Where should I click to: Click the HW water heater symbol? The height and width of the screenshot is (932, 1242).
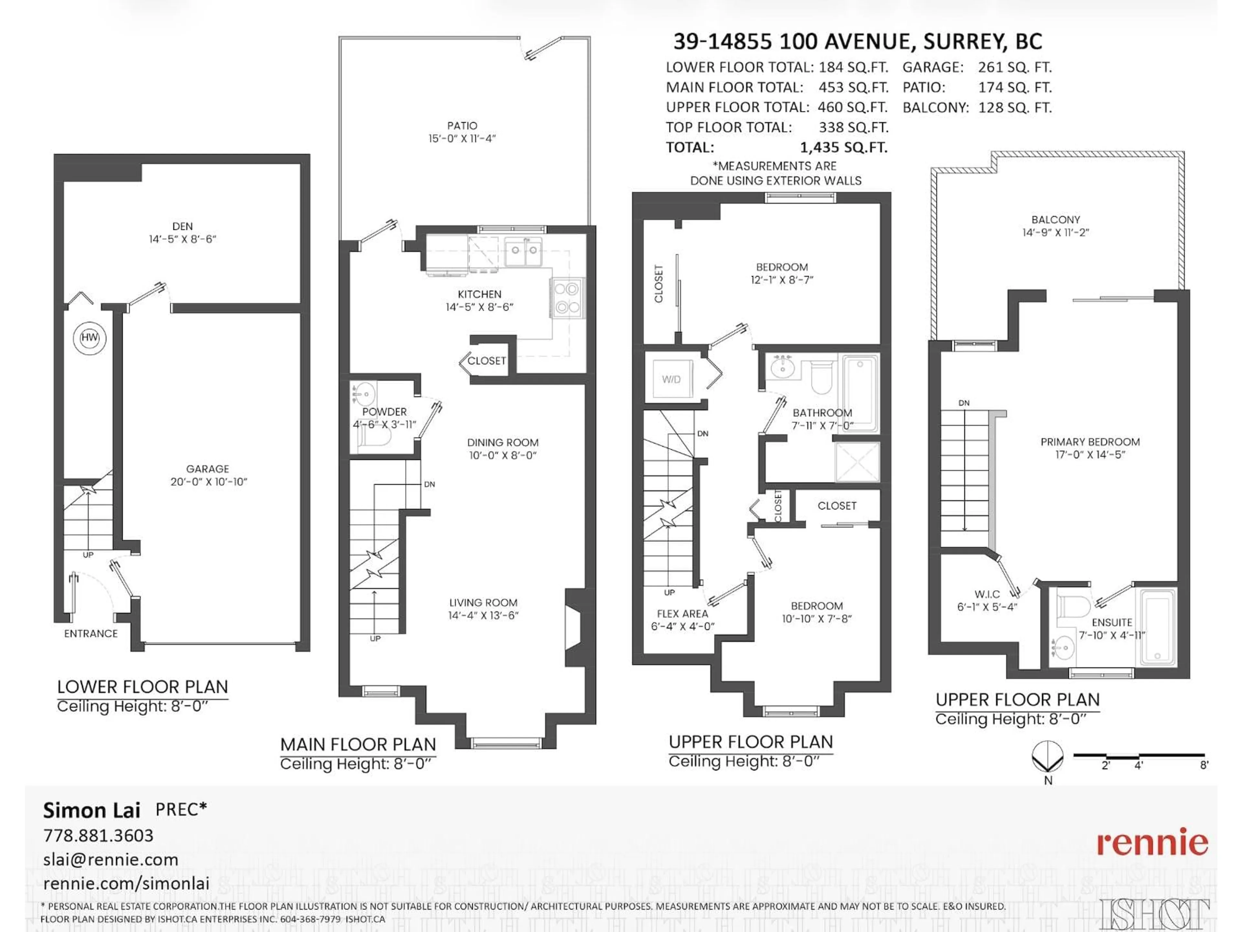coord(89,338)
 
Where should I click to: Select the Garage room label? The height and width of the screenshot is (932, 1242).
coord(207,469)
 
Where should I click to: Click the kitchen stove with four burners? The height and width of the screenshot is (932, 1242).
coord(567,298)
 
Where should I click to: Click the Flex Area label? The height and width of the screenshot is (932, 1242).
coord(682,614)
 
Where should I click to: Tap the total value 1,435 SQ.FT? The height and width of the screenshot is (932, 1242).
coord(843,148)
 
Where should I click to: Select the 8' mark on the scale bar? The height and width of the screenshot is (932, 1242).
coord(1204,765)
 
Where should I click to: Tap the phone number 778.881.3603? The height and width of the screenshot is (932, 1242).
coord(98,835)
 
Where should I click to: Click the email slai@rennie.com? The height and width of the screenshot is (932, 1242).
coord(111,860)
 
